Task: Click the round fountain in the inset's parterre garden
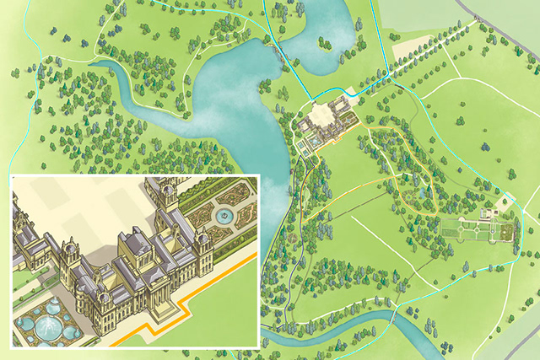pos(224,217)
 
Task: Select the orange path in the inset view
pos(211,291)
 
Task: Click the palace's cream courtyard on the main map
pos(325,114)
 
